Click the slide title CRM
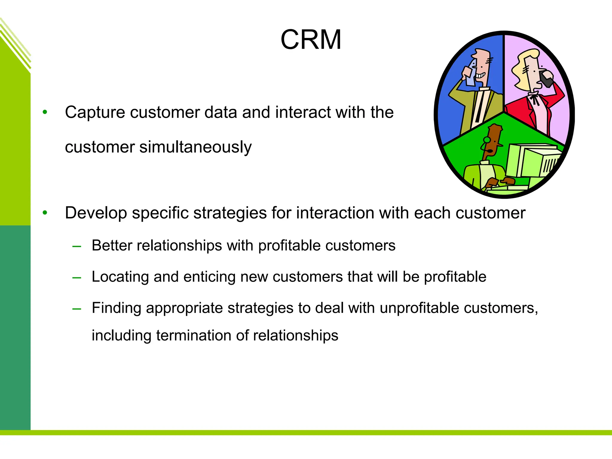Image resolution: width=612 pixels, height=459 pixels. point(311,40)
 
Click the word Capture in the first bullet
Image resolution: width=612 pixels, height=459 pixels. point(95,113)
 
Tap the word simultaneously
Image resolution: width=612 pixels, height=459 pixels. point(195,147)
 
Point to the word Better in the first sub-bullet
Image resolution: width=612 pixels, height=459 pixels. point(112,246)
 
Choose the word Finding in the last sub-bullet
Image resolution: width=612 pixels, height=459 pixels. point(116,308)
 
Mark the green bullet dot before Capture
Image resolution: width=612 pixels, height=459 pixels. point(45,112)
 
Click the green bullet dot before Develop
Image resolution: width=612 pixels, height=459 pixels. point(45,213)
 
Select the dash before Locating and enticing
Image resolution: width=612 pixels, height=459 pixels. point(77,278)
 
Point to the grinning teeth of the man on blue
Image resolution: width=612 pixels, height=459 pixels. point(481,75)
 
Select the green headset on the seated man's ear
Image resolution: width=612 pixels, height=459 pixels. point(487,140)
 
